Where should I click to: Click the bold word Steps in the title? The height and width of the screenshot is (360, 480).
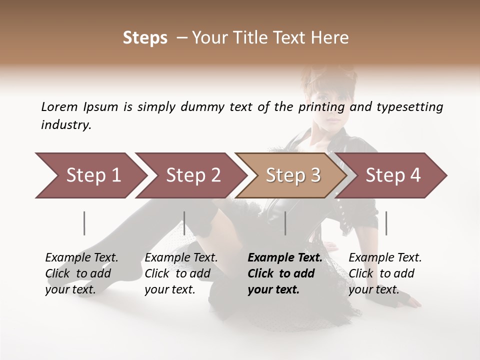point(145,38)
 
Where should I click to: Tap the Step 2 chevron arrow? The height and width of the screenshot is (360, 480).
point(193,175)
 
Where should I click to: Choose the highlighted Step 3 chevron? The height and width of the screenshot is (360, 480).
point(293,175)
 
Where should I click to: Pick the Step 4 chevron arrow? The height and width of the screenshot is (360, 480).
point(393,175)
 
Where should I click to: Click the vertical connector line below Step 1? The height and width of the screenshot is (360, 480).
point(84,223)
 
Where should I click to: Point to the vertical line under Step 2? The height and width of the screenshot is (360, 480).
point(184,223)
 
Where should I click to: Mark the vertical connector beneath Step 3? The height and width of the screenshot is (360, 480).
point(285,223)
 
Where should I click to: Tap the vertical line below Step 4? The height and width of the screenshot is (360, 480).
point(386,223)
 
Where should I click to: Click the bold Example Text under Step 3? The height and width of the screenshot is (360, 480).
point(285,273)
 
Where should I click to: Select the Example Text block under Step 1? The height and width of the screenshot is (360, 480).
point(81,273)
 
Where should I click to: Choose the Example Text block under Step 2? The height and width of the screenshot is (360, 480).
point(181,273)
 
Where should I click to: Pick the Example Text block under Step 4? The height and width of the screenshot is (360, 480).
point(385,273)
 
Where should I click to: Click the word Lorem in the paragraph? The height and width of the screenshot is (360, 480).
point(59,107)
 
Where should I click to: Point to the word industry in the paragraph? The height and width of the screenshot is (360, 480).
point(65,125)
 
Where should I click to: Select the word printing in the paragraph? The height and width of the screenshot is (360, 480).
point(321,107)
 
